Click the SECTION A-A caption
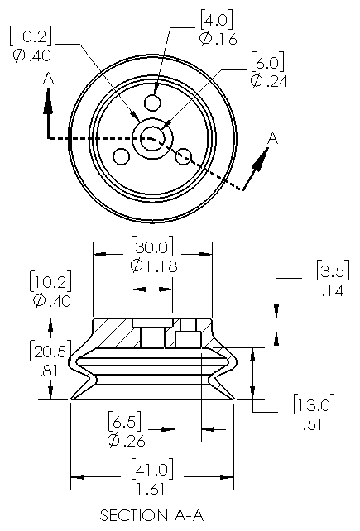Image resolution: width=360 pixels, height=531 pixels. pos(151,515)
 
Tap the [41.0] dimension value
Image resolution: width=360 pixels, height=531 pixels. pos(152,469)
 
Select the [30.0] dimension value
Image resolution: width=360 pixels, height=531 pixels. pos(152,246)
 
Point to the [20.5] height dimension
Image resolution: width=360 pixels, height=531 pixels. pos(50,352)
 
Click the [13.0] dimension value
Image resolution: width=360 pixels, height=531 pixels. pos(314,404)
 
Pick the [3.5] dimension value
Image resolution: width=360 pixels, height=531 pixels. pos(334,270)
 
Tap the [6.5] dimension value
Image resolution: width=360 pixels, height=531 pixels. pos(124,421)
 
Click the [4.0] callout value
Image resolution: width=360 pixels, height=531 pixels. pos(217,20)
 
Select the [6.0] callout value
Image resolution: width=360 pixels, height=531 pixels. pos(267,62)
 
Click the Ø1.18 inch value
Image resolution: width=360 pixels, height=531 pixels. pos(154,265)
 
